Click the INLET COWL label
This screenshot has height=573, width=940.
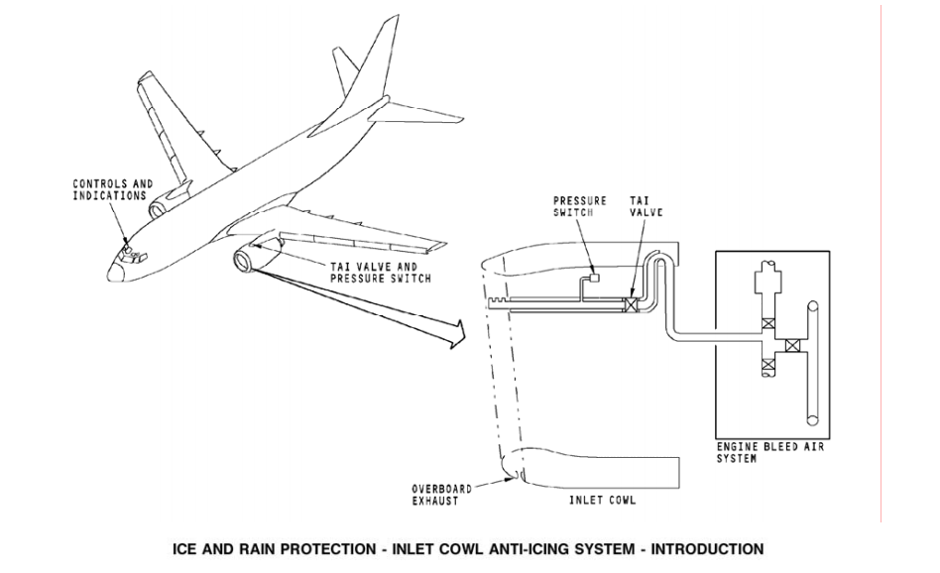tap(602, 501)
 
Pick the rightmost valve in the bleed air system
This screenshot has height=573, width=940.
tap(791, 346)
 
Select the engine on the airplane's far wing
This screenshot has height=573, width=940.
tap(158, 207)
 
